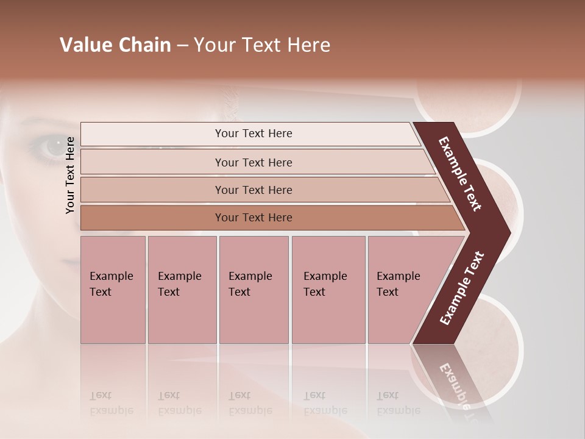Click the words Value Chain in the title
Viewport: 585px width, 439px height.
(115, 45)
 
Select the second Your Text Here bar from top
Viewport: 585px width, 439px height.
(253, 162)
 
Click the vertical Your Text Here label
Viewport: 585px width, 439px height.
(70, 175)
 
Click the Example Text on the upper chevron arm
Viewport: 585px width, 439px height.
(461, 174)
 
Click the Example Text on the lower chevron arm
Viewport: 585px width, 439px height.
(462, 288)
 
